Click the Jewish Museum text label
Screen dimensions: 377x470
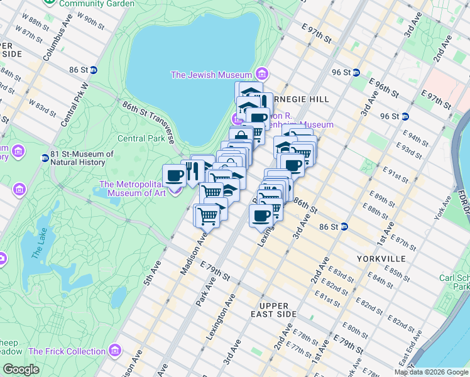(x=211, y=75)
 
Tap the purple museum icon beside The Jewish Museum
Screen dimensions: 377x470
(x=261, y=75)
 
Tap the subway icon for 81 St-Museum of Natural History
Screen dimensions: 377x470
(x=45, y=158)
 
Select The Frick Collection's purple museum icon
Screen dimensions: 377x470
(x=114, y=351)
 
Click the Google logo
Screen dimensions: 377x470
(x=21, y=369)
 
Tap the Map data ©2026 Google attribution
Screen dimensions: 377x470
(x=431, y=372)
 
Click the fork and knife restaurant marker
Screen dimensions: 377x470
(x=192, y=170)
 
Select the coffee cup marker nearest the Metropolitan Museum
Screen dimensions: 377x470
(x=173, y=175)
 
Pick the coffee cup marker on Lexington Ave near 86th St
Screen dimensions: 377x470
(x=261, y=216)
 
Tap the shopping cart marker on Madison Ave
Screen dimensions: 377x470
(x=207, y=216)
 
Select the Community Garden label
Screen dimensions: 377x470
(x=103, y=4)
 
